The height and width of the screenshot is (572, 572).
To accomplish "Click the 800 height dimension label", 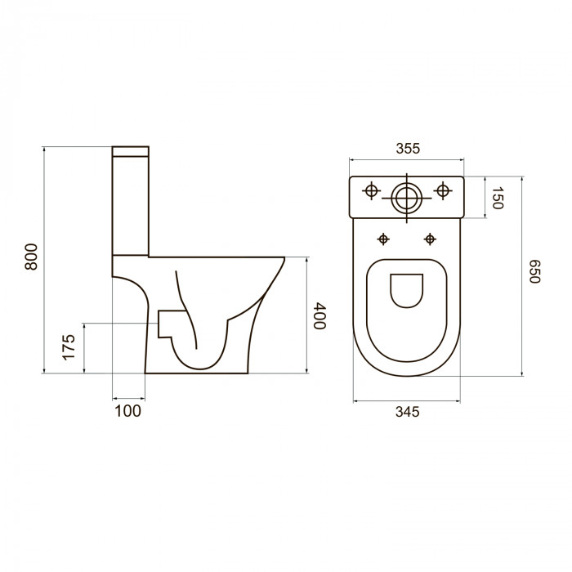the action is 31,257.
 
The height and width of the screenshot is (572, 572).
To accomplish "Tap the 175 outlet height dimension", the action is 68,347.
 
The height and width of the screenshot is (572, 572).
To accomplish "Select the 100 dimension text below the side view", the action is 128,411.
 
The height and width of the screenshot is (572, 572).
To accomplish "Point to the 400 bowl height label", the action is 320,315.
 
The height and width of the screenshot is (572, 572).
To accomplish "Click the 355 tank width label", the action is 409,149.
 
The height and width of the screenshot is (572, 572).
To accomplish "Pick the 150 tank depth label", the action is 498,198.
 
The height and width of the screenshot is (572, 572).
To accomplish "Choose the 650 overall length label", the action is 534,271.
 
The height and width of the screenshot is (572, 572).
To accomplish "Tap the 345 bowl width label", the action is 408,412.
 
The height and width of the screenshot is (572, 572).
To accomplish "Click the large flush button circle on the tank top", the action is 406,199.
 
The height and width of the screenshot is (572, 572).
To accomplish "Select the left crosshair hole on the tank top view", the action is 371,190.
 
